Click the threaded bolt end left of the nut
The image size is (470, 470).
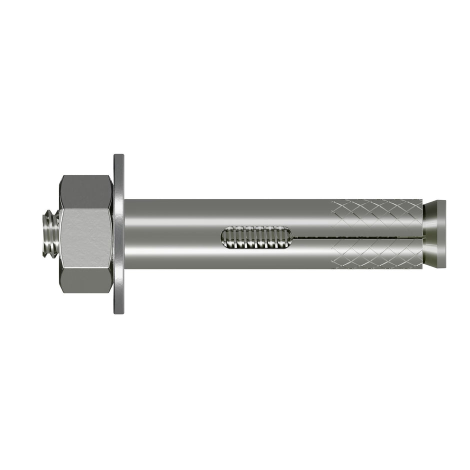coord(50,234)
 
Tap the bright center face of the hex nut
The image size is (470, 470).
coord(86,237)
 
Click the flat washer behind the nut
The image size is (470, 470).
coord(119,234)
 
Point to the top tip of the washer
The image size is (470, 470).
coord(119,155)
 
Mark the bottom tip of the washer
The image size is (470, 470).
coord(119,312)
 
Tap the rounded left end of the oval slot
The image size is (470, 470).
coord(222,237)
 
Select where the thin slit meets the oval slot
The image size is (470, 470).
coord(292,236)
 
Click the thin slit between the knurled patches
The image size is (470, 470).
coord(360,236)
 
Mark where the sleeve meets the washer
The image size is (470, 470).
coord(125,233)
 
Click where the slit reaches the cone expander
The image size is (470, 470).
coord(424,235)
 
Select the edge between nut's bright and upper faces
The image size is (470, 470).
coord(86,209)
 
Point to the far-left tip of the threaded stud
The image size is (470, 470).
coord(41,234)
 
